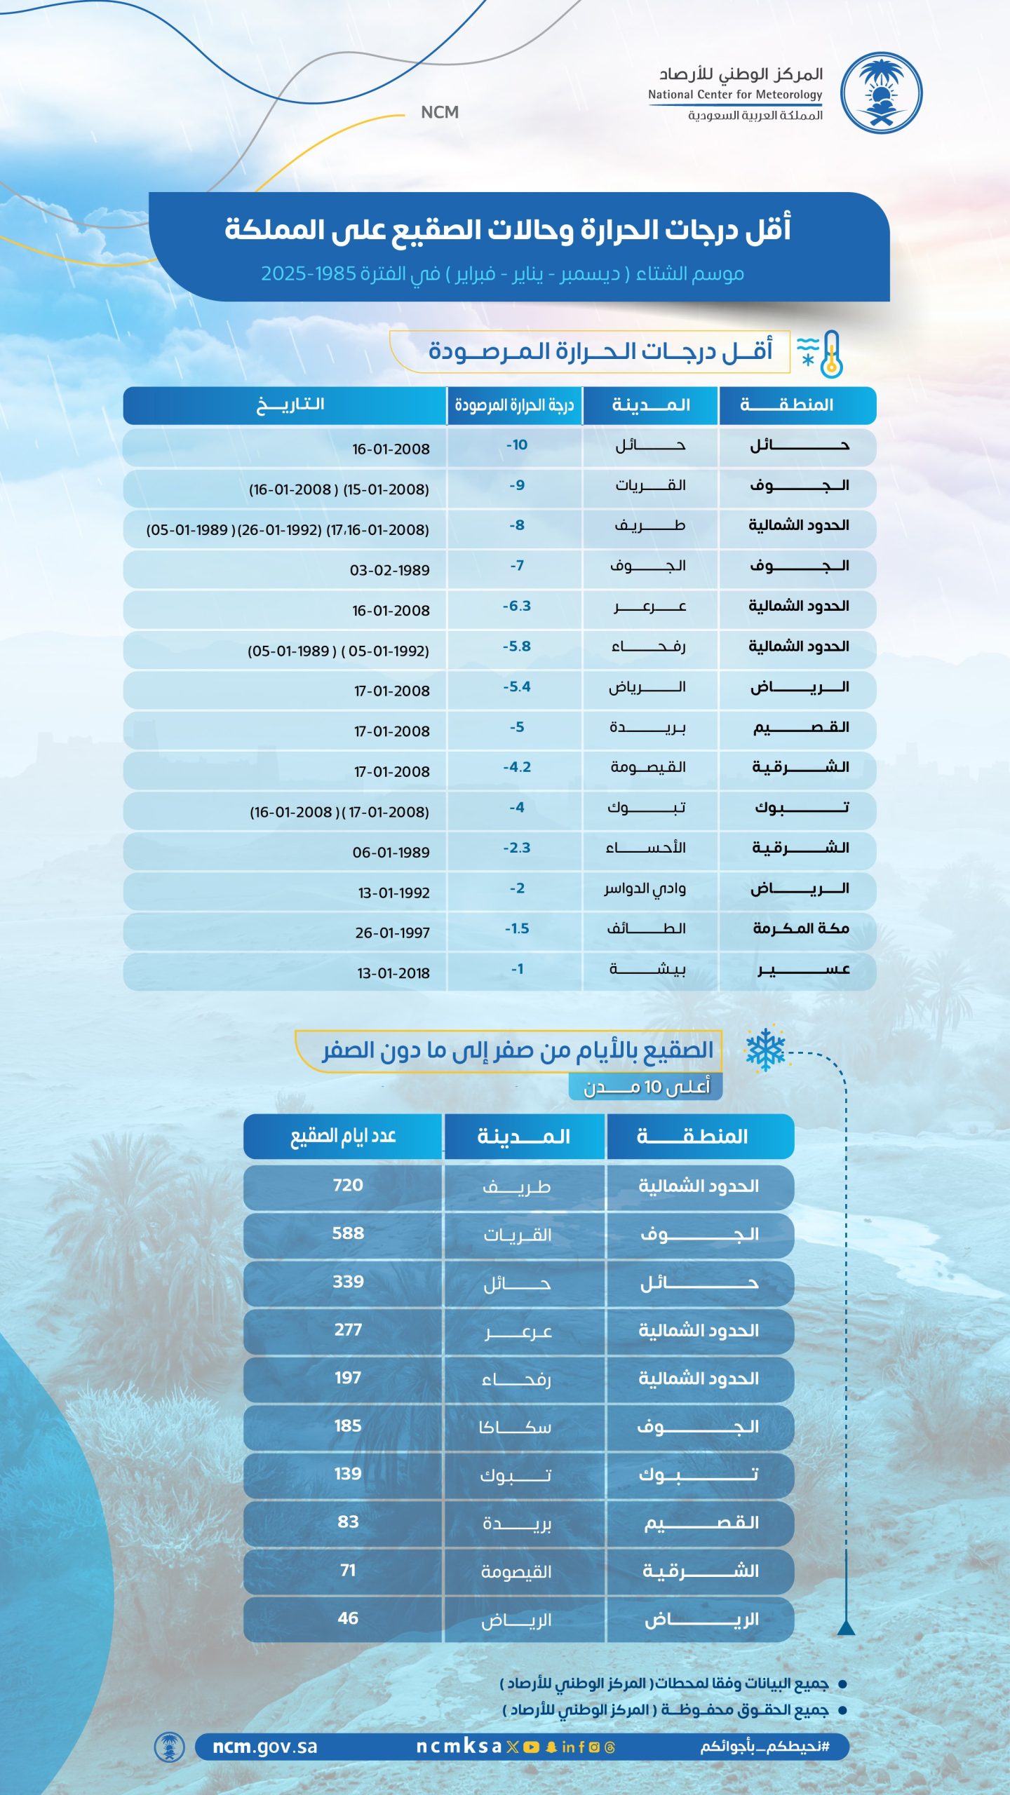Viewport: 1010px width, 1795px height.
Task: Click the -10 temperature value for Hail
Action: click(517, 445)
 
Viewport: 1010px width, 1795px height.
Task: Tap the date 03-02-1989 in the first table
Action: click(390, 570)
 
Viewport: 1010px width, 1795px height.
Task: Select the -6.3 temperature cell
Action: click(517, 607)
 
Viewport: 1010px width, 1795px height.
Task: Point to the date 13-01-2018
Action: click(393, 973)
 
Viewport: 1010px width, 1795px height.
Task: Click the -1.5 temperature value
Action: click(517, 929)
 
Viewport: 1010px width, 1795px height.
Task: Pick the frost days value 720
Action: click(348, 1185)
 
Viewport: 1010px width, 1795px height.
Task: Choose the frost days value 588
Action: click(348, 1233)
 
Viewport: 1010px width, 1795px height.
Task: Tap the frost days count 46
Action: click(348, 1618)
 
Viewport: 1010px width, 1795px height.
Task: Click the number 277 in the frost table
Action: click(348, 1329)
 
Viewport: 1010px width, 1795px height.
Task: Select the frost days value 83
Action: click(348, 1522)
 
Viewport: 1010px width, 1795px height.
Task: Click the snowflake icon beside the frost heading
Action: click(765, 1050)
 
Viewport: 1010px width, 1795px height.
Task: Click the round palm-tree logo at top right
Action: click(881, 93)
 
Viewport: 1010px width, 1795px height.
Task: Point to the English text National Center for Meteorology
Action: click(734, 95)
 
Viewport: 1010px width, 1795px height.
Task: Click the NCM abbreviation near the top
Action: click(440, 112)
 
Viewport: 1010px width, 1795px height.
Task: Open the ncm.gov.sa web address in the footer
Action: click(265, 1747)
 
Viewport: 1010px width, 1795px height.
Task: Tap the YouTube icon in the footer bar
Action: click(531, 1747)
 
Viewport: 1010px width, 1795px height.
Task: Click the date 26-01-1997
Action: click(392, 933)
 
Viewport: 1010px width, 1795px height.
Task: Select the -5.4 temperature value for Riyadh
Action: click(517, 687)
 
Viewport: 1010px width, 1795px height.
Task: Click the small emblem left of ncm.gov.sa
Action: click(169, 1747)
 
